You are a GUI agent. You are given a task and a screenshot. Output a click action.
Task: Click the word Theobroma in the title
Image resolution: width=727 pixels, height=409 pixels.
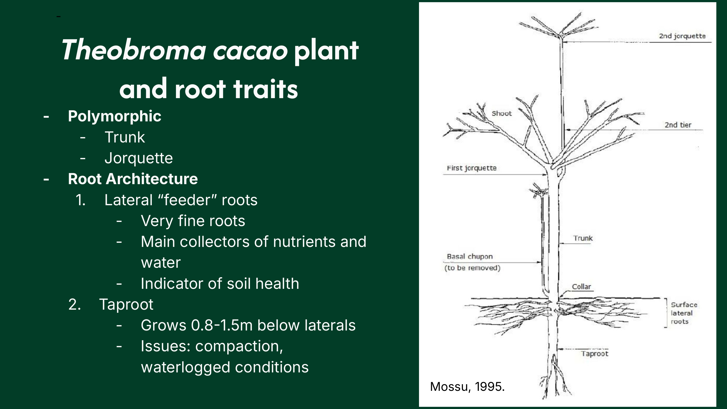pos(134,50)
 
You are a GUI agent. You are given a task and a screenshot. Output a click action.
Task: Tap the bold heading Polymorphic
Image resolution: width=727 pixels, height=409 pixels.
pos(115,116)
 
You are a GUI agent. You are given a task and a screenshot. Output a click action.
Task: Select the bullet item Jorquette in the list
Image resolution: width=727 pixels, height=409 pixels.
pos(139,158)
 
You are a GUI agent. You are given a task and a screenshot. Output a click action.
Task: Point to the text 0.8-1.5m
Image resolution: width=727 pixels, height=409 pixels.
pos(221,325)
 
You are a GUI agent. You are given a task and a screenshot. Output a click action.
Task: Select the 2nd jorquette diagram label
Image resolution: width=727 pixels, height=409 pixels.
pos(682,36)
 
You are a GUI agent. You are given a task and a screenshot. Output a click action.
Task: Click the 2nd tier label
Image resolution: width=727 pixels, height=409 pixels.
pos(678,125)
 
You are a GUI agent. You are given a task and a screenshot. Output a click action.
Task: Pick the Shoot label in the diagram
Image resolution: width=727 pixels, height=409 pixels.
pos(501,113)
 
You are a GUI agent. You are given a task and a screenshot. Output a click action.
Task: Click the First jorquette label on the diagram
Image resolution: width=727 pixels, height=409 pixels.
pos(472,168)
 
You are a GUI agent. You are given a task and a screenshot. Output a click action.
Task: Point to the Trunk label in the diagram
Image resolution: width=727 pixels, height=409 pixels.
pos(583,238)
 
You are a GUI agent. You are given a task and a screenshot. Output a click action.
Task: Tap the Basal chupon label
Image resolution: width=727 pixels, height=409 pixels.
pos(470,257)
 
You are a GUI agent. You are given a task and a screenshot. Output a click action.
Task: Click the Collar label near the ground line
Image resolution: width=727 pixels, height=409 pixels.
pos(581,287)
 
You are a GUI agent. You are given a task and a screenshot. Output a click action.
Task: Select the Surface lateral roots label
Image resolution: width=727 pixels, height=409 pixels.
pos(684,313)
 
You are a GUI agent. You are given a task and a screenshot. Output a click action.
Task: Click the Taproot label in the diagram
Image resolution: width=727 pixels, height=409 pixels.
pos(595,354)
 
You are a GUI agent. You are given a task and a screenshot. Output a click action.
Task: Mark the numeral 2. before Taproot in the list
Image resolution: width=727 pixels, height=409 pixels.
pos(75,304)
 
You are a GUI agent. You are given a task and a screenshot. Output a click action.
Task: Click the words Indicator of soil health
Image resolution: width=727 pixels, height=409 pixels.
pos(220,283)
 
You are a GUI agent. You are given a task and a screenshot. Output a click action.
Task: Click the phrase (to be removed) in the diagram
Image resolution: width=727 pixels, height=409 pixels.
pos(472,268)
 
